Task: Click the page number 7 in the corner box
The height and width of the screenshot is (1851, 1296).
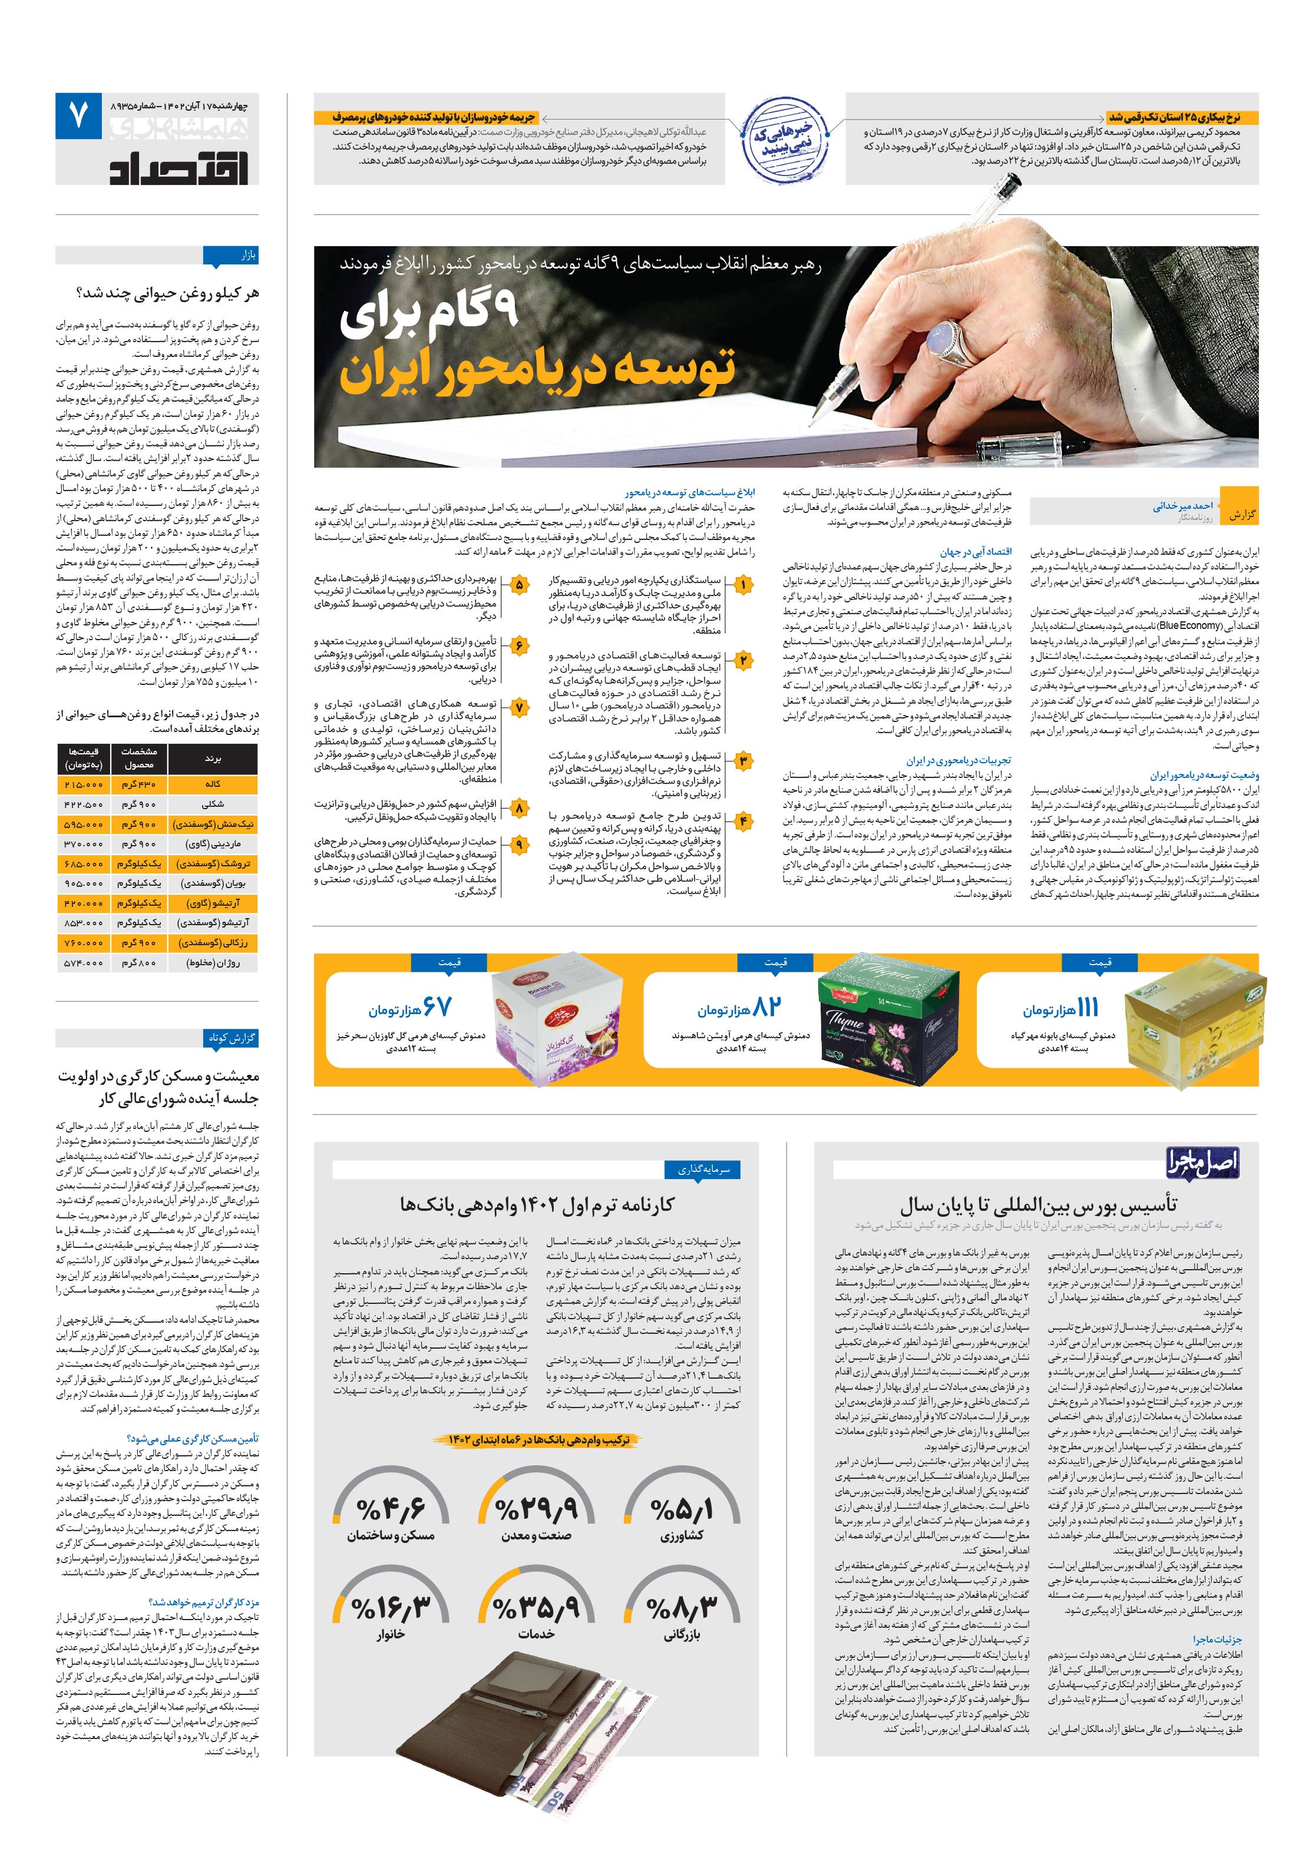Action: click(x=78, y=117)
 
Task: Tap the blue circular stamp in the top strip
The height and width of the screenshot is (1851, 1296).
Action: click(x=785, y=138)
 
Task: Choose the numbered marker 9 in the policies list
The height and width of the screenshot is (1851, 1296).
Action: click(x=518, y=845)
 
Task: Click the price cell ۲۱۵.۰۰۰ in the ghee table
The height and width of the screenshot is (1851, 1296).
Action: click(x=83, y=784)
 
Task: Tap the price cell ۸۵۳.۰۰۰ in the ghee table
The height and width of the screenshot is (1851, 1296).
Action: click(x=83, y=922)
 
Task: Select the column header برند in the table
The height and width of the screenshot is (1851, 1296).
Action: click(x=213, y=759)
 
